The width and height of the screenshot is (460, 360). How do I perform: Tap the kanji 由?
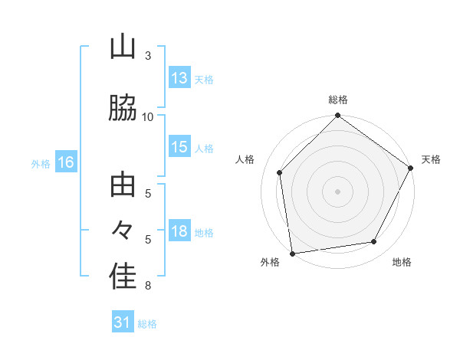click(123, 186)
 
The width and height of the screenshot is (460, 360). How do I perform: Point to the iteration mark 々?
click(123, 230)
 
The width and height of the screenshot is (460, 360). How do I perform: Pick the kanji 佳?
click(123, 277)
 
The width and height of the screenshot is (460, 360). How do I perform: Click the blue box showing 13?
click(179, 78)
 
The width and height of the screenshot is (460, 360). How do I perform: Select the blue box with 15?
click(179, 148)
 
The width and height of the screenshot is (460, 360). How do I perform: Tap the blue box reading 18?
click(179, 232)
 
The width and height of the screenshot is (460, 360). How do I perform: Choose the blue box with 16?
click(65, 162)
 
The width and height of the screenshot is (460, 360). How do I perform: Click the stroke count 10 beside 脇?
click(148, 116)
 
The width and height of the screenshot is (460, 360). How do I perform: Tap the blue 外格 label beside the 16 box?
click(41, 163)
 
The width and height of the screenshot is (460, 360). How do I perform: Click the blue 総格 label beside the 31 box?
click(147, 323)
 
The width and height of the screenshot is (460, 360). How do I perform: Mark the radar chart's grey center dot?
click(337, 191)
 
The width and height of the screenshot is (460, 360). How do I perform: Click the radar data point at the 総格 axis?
click(337, 116)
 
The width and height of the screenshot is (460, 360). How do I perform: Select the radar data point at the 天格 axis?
click(411, 168)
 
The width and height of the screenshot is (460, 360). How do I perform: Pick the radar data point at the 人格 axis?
click(280, 172)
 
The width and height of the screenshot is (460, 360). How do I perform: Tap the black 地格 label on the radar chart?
click(402, 263)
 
